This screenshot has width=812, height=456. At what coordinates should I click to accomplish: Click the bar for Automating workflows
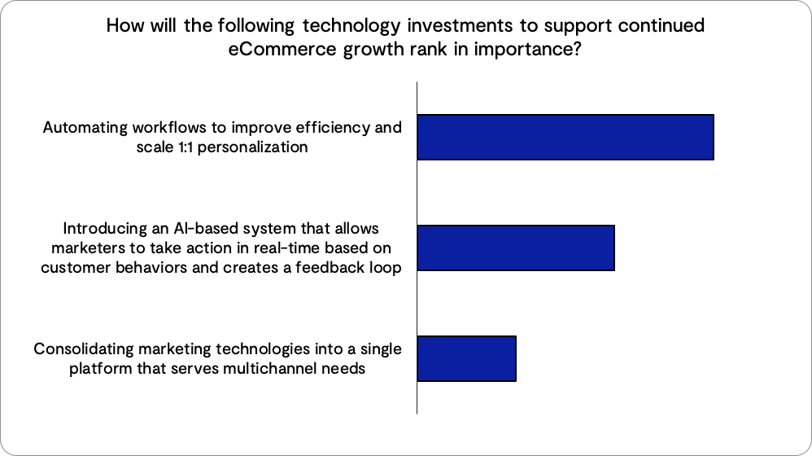point(565,137)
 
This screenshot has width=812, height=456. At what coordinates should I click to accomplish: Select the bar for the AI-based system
point(516,248)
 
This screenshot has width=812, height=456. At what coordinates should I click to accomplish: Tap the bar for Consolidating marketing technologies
point(466,358)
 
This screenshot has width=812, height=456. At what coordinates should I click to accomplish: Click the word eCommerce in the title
point(282,49)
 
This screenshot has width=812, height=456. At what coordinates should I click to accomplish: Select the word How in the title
point(124,25)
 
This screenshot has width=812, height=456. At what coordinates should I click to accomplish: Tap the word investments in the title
point(461,25)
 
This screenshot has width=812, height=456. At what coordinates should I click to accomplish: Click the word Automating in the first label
point(85,128)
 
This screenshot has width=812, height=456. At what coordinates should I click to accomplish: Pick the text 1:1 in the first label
point(186,147)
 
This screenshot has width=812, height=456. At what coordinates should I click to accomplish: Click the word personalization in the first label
point(253,147)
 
